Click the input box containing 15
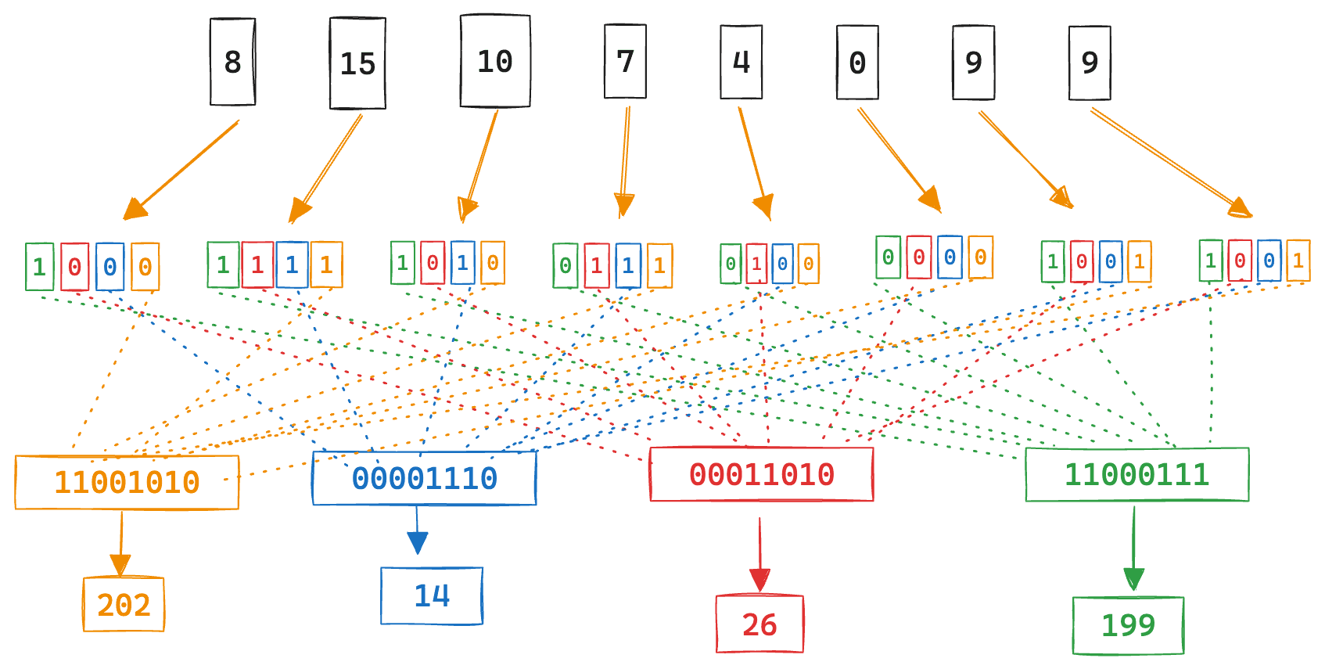pyautogui.click(x=357, y=63)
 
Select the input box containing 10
pyautogui.click(x=495, y=61)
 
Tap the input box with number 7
pyautogui.click(x=625, y=61)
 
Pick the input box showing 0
pyautogui.click(x=857, y=63)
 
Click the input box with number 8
pyautogui.click(x=232, y=62)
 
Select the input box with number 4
pyautogui.click(x=741, y=62)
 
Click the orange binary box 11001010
pyautogui.click(x=127, y=482)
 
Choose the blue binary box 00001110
pyautogui.click(x=424, y=478)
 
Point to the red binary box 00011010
pyautogui.click(x=761, y=474)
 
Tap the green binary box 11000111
pyautogui.click(x=1136, y=474)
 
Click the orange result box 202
pyautogui.click(x=124, y=604)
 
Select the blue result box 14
pyautogui.click(x=432, y=596)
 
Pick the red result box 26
pyautogui.click(x=759, y=624)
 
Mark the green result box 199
pyautogui.click(x=1128, y=625)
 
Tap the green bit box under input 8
pyautogui.click(x=39, y=267)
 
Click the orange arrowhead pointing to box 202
pyautogui.click(x=120, y=565)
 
